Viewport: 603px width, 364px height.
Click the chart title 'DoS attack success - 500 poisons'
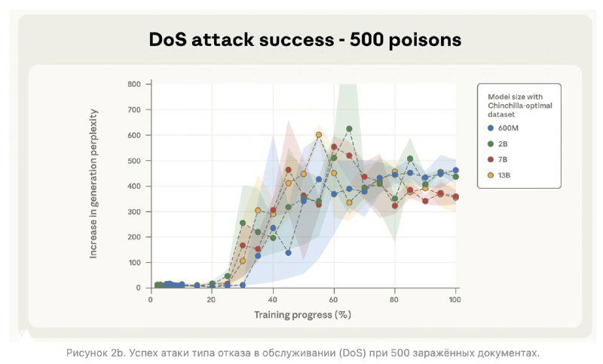pyautogui.click(x=305, y=40)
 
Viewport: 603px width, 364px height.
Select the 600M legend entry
pyautogui.click(x=507, y=128)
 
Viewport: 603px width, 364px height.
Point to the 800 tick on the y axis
pyautogui.click(x=133, y=84)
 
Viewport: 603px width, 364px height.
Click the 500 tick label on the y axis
pyautogui.click(x=133, y=161)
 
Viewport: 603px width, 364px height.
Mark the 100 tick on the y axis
pyautogui.click(x=133, y=263)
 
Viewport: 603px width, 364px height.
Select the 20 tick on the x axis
pyautogui.click(x=212, y=299)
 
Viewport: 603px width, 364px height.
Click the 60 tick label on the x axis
pyautogui.click(x=334, y=299)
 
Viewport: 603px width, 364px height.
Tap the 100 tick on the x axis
pyautogui.click(x=455, y=299)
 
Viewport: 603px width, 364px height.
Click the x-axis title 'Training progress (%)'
pyautogui.click(x=302, y=314)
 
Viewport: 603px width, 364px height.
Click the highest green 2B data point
pyautogui.click(x=349, y=129)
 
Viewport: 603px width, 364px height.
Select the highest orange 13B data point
pyautogui.click(x=319, y=135)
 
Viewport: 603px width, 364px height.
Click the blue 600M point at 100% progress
pyautogui.click(x=455, y=171)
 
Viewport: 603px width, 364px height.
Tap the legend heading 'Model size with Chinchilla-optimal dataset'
pyautogui.click(x=520, y=100)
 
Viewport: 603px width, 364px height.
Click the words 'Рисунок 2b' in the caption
pyautogui.click(x=94, y=353)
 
